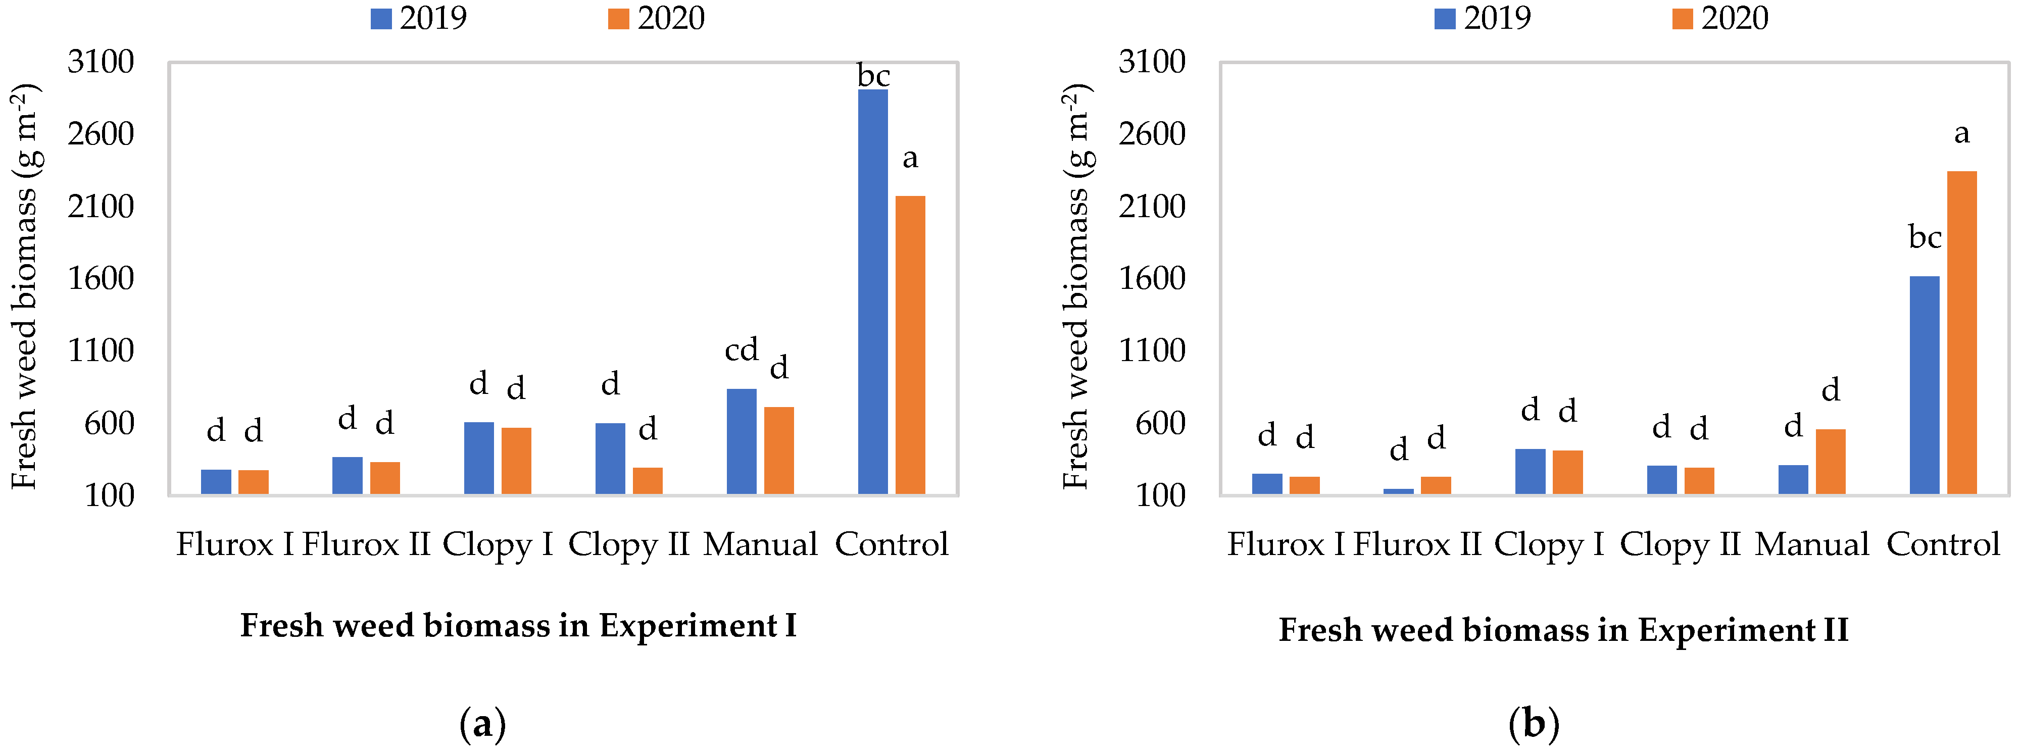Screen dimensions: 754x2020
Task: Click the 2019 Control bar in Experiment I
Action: (873, 291)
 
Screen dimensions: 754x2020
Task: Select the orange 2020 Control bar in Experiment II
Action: (1961, 332)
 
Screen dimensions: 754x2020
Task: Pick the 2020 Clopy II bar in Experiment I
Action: (648, 480)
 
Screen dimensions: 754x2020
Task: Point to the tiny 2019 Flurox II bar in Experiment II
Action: (1398, 491)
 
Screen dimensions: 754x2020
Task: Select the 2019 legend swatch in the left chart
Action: (380, 19)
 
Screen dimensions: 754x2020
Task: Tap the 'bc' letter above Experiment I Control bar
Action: (873, 76)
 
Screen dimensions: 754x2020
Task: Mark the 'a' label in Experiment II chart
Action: (1961, 133)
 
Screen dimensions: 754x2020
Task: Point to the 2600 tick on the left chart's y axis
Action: (101, 134)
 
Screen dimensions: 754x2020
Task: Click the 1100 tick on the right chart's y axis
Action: (1152, 350)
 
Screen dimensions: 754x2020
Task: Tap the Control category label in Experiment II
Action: (1942, 544)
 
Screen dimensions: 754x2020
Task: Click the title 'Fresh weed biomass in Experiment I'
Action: (518, 625)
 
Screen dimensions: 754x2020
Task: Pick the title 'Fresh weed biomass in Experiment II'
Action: (1563, 629)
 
